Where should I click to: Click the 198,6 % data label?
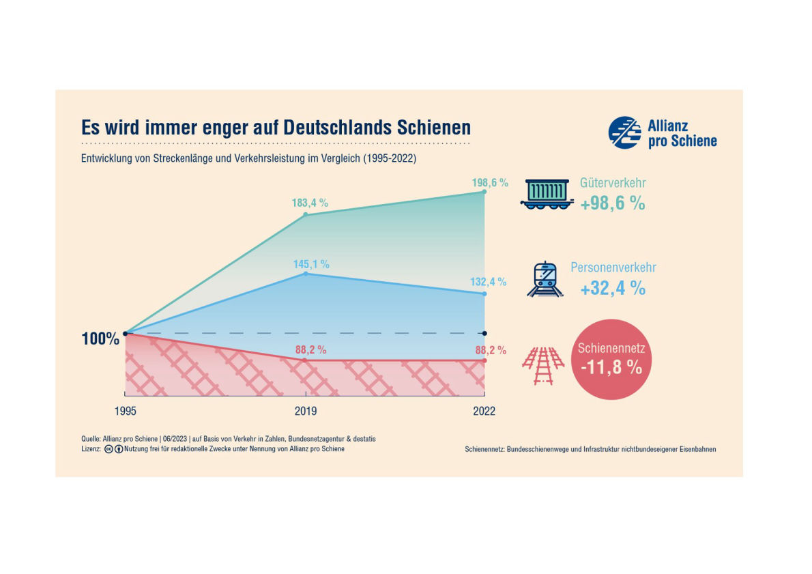490,183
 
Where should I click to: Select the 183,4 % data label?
310,203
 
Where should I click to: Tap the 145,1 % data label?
311,263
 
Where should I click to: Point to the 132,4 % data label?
489,282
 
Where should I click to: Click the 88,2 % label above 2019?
310,350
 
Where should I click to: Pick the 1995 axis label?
125,412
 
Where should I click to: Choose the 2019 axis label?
305,412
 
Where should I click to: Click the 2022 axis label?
484,412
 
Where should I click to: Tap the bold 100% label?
100,339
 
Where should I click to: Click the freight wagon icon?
546,194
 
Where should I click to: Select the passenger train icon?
545,279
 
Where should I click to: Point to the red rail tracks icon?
543,367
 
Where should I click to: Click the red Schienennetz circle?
610,358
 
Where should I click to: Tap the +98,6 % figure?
613,203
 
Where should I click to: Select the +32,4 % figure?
613,288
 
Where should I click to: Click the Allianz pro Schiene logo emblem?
624,132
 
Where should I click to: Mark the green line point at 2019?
305,214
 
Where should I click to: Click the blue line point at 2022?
484,294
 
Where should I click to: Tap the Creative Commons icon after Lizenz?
108,449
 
